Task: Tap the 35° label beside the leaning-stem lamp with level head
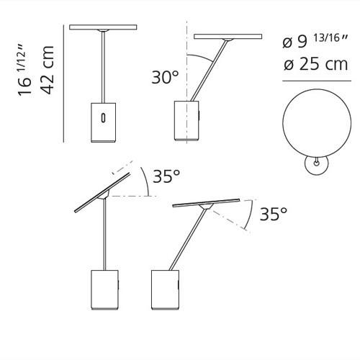pyautogui.click(x=273, y=213)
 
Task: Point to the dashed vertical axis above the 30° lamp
pyautogui.click(x=186, y=40)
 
